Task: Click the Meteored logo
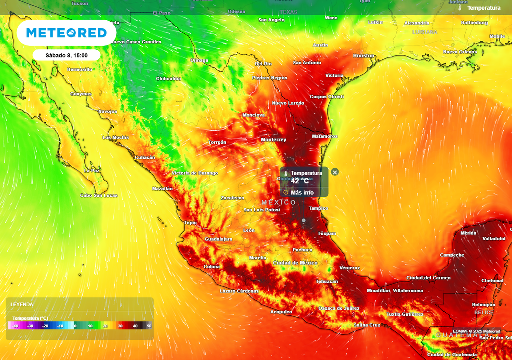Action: pyautogui.click(x=66, y=33)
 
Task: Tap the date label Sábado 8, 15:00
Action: pyautogui.click(x=66, y=55)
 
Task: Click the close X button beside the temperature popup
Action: pyautogui.click(x=335, y=172)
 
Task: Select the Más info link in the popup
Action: pyautogui.click(x=302, y=192)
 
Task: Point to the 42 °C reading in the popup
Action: pyautogui.click(x=300, y=181)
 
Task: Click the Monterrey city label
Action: pyautogui.click(x=274, y=140)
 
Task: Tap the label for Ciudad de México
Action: pyautogui.click(x=295, y=263)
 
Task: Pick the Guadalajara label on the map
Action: pyautogui.click(x=218, y=239)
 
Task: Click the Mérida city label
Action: pyautogui.click(x=468, y=233)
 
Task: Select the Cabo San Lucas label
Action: pyautogui.click(x=99, y=195)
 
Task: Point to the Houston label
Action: pyautogui.click(x=363, y=56)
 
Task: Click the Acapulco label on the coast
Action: pyautogui.click(x=281, y=312)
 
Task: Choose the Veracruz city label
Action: pyautogui.click(x=349, y=268)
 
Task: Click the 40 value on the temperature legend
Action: pyautogui.click(x=135, y=326)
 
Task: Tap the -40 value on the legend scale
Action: pyautogui.click(x=15, y=326)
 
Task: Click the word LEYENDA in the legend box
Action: pyautogui.click(x=22, y=304)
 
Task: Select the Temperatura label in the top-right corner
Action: pyautogui.click(x=483, y=8)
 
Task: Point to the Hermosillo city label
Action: pyautogui.click(x=79, y=69)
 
